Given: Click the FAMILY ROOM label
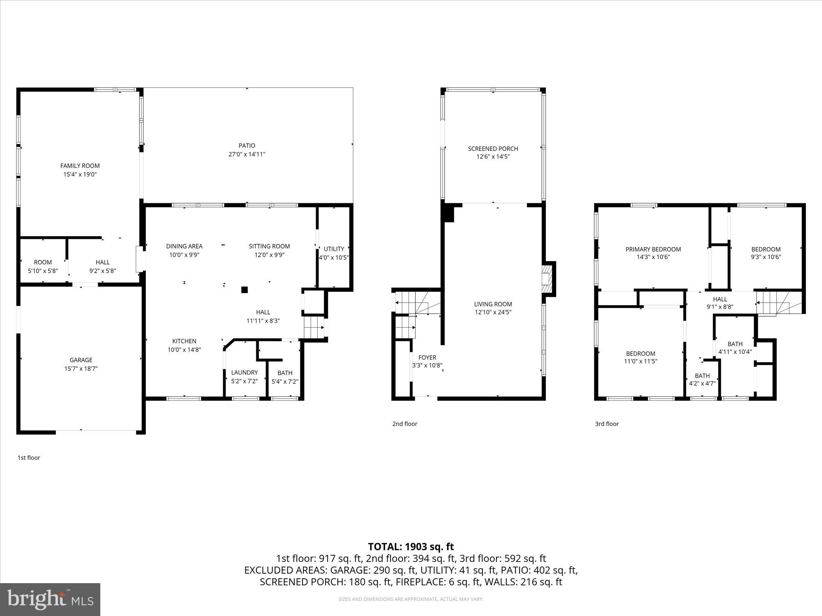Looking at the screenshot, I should point(80,166).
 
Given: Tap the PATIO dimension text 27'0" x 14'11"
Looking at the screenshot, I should point(247,154).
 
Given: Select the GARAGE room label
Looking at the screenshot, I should point(81,360).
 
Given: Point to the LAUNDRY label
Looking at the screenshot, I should point(244,372).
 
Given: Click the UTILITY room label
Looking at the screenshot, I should point(334,249).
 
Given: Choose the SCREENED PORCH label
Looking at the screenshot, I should point(493,149).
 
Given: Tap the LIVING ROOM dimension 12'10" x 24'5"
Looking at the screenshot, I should point(493,312).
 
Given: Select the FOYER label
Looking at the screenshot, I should point(427,358).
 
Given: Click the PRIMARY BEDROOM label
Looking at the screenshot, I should point(653,249).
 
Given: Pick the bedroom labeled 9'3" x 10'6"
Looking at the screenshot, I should point(766,253).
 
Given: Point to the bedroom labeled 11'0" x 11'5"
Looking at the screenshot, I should point(640,357).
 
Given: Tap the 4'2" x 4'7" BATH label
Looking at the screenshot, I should point(702,379).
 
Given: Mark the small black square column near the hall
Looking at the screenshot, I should point(244,290).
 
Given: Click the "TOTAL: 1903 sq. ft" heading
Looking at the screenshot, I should point(411,547).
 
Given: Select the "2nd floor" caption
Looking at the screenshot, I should point(404,424).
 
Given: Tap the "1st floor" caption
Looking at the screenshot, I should point(28,457).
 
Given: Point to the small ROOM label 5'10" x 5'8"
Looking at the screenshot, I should point(43,266).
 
